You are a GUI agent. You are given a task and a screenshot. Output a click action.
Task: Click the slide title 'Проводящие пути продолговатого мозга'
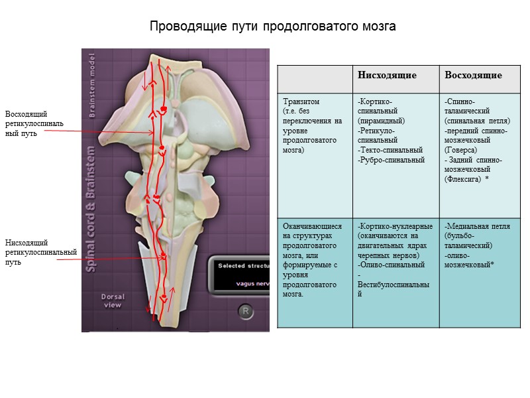[x=272, y=27]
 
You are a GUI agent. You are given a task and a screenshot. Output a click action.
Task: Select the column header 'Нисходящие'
[x=387, y=75]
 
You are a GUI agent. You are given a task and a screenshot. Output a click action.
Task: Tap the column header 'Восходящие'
[x=473, y=75]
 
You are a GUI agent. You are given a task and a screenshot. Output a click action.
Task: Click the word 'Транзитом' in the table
[x=301, y=101]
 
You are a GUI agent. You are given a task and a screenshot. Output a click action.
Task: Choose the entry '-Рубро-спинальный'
[x=390, y=160]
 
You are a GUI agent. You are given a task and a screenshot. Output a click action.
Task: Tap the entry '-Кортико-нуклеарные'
[x=395, y=226]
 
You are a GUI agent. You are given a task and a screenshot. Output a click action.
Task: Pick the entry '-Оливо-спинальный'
[x=391, y=265]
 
